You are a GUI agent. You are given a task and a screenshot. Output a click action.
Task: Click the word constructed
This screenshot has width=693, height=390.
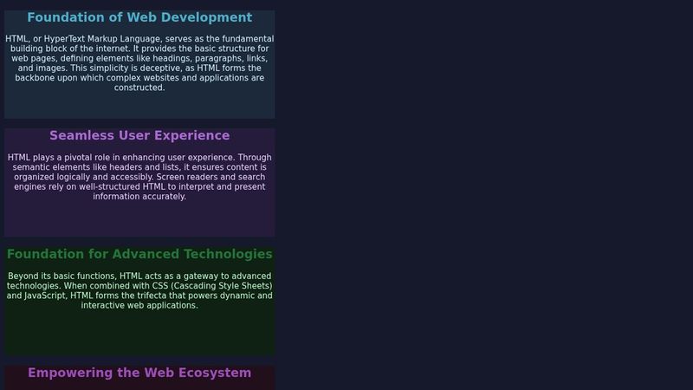tap(139, 88)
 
